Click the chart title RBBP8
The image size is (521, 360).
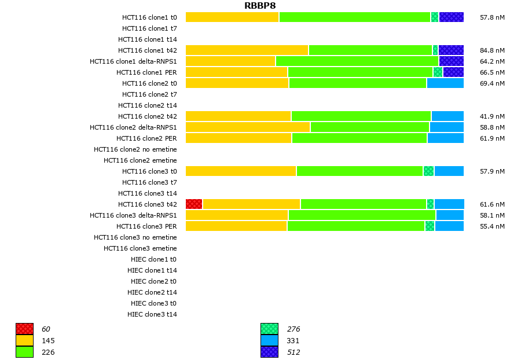pos(260,6)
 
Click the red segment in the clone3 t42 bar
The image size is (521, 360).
pos(194,204)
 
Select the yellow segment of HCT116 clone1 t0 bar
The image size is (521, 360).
pos(232,17)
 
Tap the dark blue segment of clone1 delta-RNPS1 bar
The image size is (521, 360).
pos(451,61)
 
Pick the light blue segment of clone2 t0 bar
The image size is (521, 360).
pos(445,83)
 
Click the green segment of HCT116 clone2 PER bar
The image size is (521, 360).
pos(359,138)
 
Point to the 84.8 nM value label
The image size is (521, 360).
pos(492,50)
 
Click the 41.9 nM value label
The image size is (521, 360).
pos(492,116)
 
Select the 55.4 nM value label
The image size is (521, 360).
pos(492,226)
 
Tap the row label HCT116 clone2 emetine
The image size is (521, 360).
pos(140,160)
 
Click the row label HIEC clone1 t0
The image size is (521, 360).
pos(153,259)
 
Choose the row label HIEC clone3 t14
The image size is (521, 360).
pos(152,314)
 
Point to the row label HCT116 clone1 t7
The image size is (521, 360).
pos(149,28)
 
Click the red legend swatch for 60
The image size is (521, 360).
pos(24,329)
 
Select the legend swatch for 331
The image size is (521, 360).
pos(269,340)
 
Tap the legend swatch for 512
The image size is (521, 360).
pos(269,352)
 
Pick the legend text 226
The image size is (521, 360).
pos(48,352)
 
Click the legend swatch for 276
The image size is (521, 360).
pos(269,329)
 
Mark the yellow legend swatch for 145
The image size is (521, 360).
pos(24,340)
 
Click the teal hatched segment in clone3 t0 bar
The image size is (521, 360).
pos(428,171)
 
